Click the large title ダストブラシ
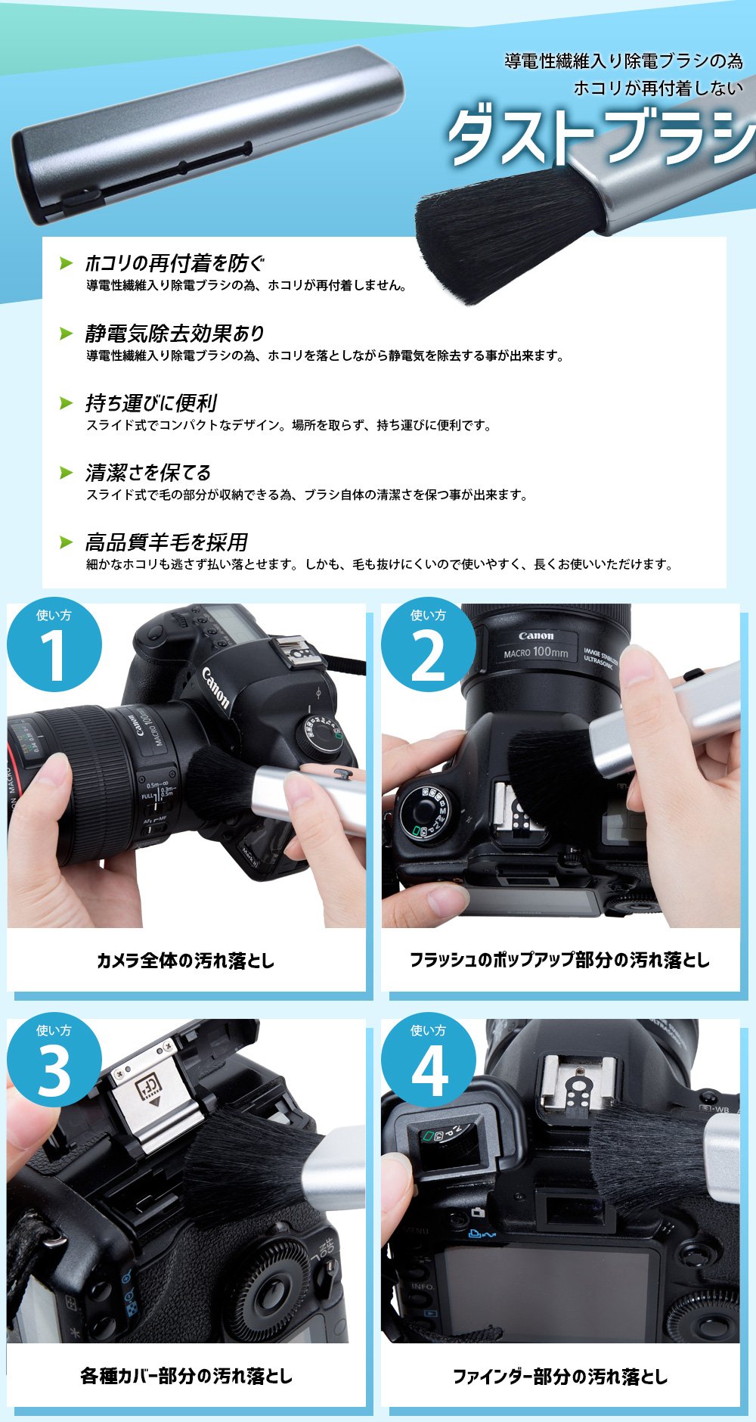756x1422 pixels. [601, 138]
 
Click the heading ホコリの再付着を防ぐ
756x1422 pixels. [175, 263]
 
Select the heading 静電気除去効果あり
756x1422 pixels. [175, 333]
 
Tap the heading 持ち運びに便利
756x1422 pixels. [151, 403]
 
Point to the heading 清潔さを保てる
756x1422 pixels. [148, 473]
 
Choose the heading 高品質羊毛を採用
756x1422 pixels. [166, 542]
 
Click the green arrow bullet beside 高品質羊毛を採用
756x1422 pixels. [67, 542]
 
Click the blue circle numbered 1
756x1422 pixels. [54, 645]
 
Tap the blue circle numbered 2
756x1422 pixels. [428, 645]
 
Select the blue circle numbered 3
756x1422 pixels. [54, 1061]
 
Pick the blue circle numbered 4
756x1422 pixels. [428, 1061]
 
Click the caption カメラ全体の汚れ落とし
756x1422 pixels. [186, 961]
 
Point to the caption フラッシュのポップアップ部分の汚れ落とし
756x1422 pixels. [560, 960]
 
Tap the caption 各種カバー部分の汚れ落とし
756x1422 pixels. [186, 1376]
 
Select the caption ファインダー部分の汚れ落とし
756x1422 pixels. [560, 1376]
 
